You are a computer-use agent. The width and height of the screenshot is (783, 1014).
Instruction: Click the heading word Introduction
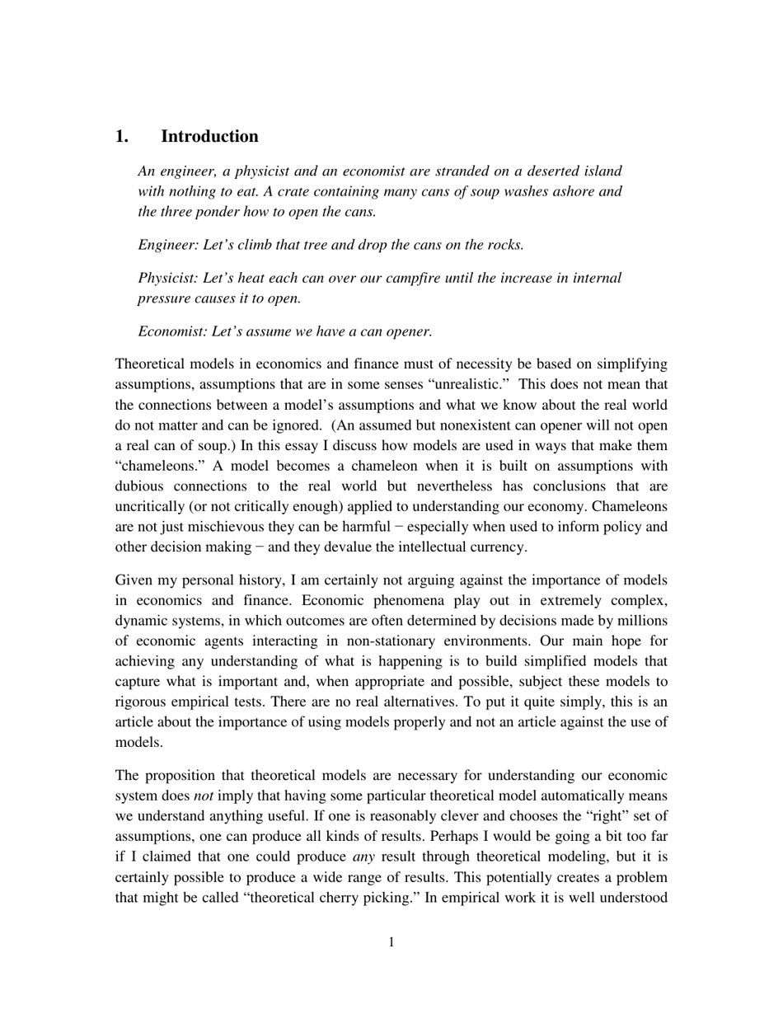(x=209, y=137)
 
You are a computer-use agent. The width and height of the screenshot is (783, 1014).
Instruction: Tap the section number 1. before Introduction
(x=122, y=137)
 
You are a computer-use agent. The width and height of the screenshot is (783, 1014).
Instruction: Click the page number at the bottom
(x=391, y=942)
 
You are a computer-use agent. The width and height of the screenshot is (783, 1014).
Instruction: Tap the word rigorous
(x=143, y=702)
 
